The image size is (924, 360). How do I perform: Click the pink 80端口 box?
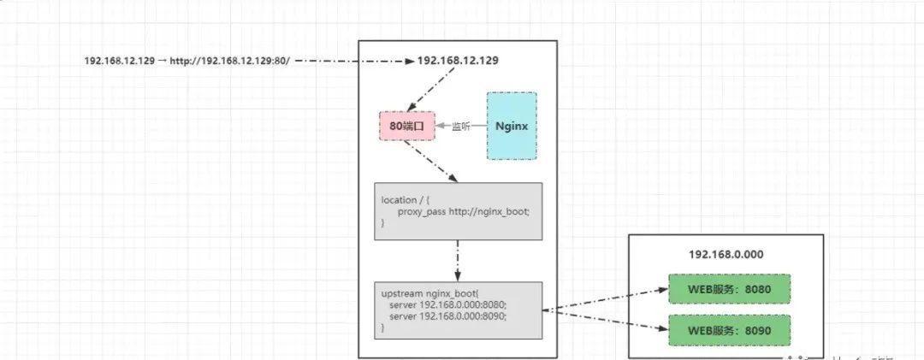(406, 126)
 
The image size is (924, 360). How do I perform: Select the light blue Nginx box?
(512, 126)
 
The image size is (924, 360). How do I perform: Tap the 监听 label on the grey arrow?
(461, 127)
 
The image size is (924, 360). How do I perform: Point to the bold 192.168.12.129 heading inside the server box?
(458, 62)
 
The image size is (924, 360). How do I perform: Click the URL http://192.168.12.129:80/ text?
(230, 62)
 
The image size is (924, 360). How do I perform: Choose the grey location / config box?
(458, 210)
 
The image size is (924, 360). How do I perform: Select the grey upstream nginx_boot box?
(458, 310)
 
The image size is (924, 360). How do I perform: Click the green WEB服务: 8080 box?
(730, 290)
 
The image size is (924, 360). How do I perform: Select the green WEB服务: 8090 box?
(730, 329)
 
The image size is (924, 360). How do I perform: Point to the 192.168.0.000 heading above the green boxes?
(726, 255)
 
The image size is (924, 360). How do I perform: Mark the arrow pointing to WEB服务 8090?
(605, 320)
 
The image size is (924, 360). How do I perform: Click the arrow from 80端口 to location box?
(433, 162)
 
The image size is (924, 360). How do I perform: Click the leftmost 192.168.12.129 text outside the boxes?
(120, 62)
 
